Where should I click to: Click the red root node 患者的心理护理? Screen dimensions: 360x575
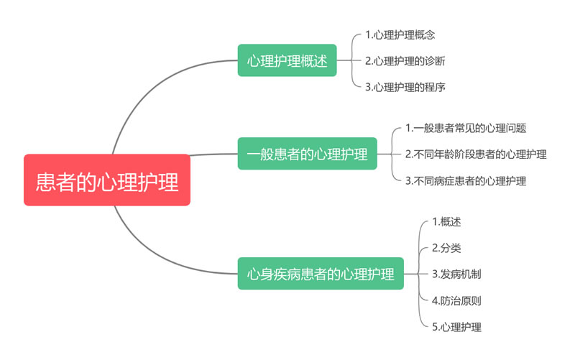pyautogui.click(x=107, y=180)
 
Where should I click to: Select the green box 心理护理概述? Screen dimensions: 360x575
pyautogui.click(x=287, y=60)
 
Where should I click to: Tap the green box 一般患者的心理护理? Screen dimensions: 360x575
pyautogui.click(x=307, y=154)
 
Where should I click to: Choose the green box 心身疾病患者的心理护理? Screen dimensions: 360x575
pyautogui.click(x=321, y=274)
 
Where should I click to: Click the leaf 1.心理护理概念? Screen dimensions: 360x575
pyautogui.click(x=400, y=34)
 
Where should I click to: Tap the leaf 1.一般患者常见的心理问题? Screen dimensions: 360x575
pyautogui.click(x=466, y=128)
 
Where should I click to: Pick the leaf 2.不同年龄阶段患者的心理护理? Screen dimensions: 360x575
pyautogui.click(x=476, y=154)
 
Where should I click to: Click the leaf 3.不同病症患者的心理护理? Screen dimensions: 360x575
pyautogui.click(x=466, y=180)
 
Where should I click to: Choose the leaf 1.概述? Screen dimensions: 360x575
pyautogui.click(x=446, y=221)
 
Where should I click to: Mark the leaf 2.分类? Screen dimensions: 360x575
pyautogui.click(x=446, y=248)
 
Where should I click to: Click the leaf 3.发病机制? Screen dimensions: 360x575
pyautogui.click(x=456, y=274)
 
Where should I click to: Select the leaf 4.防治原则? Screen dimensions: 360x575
pyautogui.click(x=456, y=300)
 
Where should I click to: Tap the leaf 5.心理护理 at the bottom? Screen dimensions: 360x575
pyautogui.click(x=456, y=327)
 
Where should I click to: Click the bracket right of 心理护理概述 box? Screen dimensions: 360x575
pyautogui.click(x=351, y=60)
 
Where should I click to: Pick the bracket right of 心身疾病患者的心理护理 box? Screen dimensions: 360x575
pyautogui.click(x=418, y=274)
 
